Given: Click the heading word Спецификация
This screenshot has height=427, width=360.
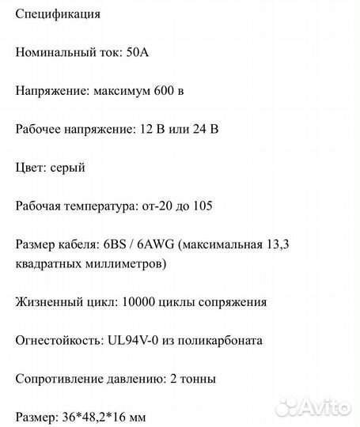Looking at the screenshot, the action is pyautogui.click(x=58, y=15).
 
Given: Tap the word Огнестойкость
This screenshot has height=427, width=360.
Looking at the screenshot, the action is pyautogui.click(x=55, y=340).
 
